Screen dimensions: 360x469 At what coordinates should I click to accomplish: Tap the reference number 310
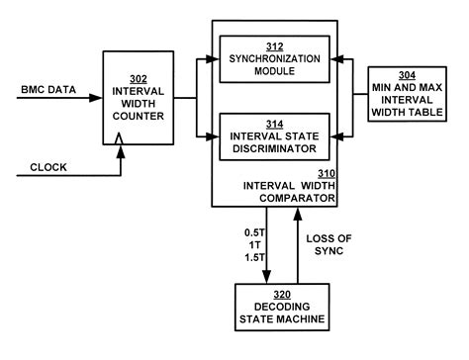click(326, 172)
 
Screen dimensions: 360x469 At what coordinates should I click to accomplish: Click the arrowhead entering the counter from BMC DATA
click(97, 97)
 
